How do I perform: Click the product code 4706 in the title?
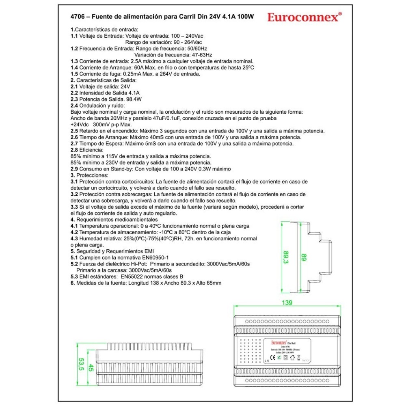(x=77, y=17)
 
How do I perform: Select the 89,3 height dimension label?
(x=286, y=257)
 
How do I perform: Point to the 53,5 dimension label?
(x=81, y=364)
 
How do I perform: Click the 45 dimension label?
(x=92, y=367)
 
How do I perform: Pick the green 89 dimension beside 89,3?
(x=303, y=257)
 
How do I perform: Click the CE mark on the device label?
(x=273, y=357)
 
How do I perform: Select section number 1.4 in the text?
(x=74, y=67)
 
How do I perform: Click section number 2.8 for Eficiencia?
(x=74, y=150)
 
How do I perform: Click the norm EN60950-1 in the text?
(x=151, y=257)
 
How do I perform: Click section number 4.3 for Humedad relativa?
(x=74, y=239)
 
